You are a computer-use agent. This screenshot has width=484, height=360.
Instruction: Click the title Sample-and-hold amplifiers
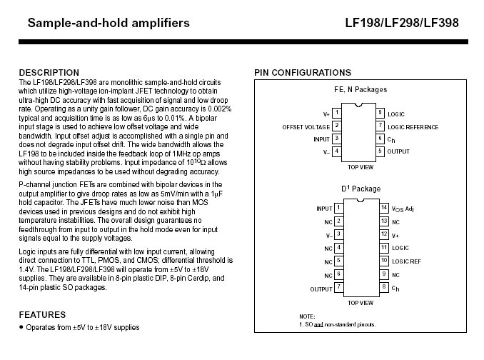(x=109, y=23)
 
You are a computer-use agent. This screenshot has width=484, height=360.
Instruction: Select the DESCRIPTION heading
(x=49, y=73)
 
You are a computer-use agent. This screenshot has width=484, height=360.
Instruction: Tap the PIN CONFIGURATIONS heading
(x=303, y=73)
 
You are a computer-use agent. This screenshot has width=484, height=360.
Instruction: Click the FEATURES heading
(x=42, y=314)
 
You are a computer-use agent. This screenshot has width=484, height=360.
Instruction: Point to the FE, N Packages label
(x=360, y=90)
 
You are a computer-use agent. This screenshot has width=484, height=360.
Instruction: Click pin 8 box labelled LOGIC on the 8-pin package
(x=381, y=114)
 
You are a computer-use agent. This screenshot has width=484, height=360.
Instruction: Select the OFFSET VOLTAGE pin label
(x=306, y=127)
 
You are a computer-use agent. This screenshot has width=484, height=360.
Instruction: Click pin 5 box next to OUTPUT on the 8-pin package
(x=381, y=151)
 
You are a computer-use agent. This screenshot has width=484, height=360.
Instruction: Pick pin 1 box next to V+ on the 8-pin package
(x=337, y=114)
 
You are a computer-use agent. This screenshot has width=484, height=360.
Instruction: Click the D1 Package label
(x=360, y=189)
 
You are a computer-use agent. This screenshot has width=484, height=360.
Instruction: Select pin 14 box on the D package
(x=383, y=208)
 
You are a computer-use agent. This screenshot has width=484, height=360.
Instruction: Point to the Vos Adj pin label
(x=403, y=209)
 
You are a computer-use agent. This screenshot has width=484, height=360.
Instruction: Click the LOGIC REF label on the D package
(x=406, y=261)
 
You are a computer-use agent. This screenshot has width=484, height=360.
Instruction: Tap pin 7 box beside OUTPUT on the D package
(x=338, y=289)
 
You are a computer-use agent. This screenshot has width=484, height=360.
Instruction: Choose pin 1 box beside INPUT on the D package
(x=338, y=208)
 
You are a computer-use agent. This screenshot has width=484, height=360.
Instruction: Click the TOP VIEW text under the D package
(x=360, y=302)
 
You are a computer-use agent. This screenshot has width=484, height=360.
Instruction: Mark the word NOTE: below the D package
(x=307, y=316)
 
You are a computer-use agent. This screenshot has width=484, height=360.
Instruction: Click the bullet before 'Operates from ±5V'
(x=21, y=327)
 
